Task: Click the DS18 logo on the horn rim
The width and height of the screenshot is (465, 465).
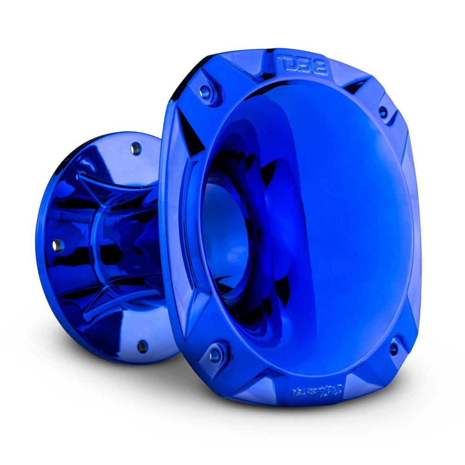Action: pyautogui.click(x=303, y=65)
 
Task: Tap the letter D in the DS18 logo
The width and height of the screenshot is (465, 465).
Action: pyautogui.click(x=285, y=62)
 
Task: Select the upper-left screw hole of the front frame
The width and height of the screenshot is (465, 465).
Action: pyautogui.click(x=204, y=92)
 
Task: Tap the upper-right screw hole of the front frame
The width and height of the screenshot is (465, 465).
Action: pyautogui.click(x=383, y=112)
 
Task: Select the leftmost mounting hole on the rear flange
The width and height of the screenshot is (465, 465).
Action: pyautogui.click(x=58, y=246)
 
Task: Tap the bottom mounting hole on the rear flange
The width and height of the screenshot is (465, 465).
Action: pyautogui.click(x=142, y=346)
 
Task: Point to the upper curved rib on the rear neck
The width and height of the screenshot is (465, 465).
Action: pyautogui.click(x=116, y=179)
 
